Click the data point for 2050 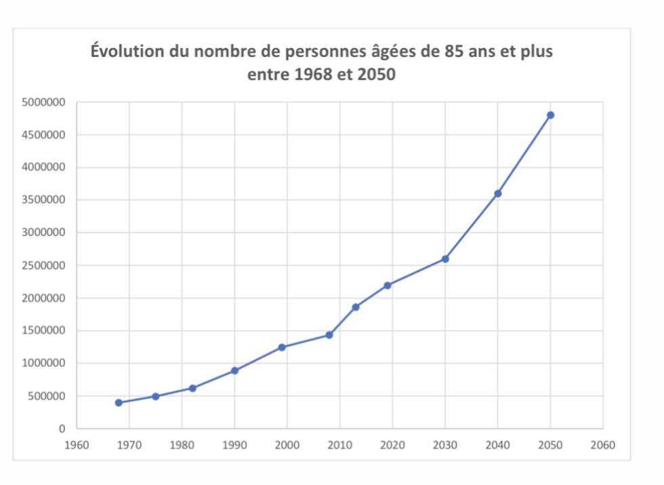click(x=550, y=115)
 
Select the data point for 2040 click(x=497, y=193)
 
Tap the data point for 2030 click(x=445, y=259)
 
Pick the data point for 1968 click(x=119, y=402)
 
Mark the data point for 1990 click(x=234, y=370)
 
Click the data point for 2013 click(x=356, y=307)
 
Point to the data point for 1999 click(x=282, y=347)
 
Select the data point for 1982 click(x=192, y=388)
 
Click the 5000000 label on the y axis click(x=43, y=102)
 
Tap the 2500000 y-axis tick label click(x=43, y=265)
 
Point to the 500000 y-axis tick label click(x=45, y=396)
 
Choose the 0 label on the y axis click(x=62, y=429)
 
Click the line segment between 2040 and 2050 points click(x=524, y=154)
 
